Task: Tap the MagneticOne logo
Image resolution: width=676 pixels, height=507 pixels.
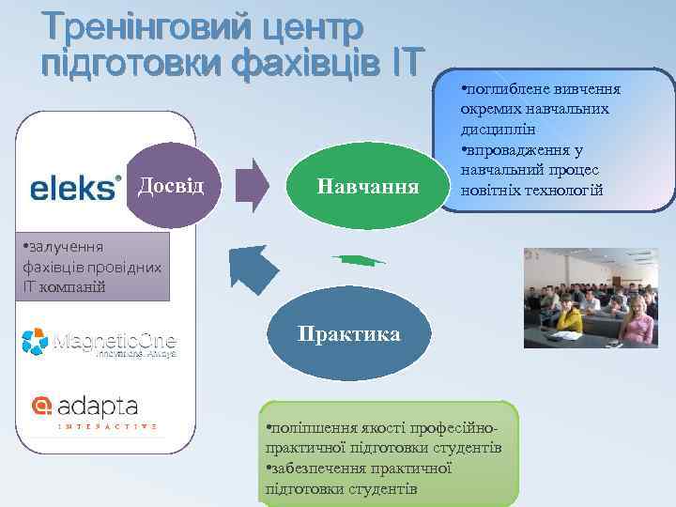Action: [x=99, y=343]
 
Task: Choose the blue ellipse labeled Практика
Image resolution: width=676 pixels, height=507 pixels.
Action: [x=348, y=335]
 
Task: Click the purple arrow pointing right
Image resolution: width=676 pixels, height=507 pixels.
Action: [x=251, y=185]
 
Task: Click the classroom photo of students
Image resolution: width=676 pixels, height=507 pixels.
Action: [x=590, y=298]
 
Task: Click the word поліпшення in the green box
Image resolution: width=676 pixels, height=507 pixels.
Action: [x=311, y=429]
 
